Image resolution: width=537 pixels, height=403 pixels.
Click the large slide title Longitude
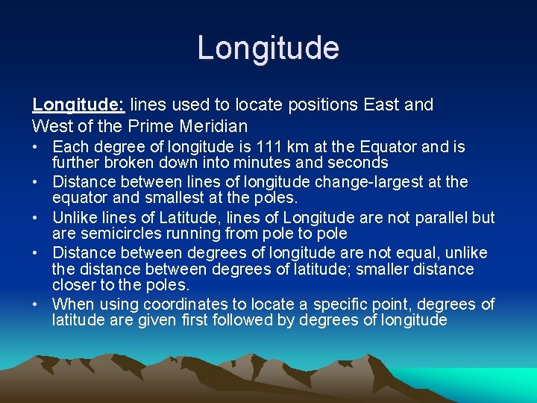point(268,49)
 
